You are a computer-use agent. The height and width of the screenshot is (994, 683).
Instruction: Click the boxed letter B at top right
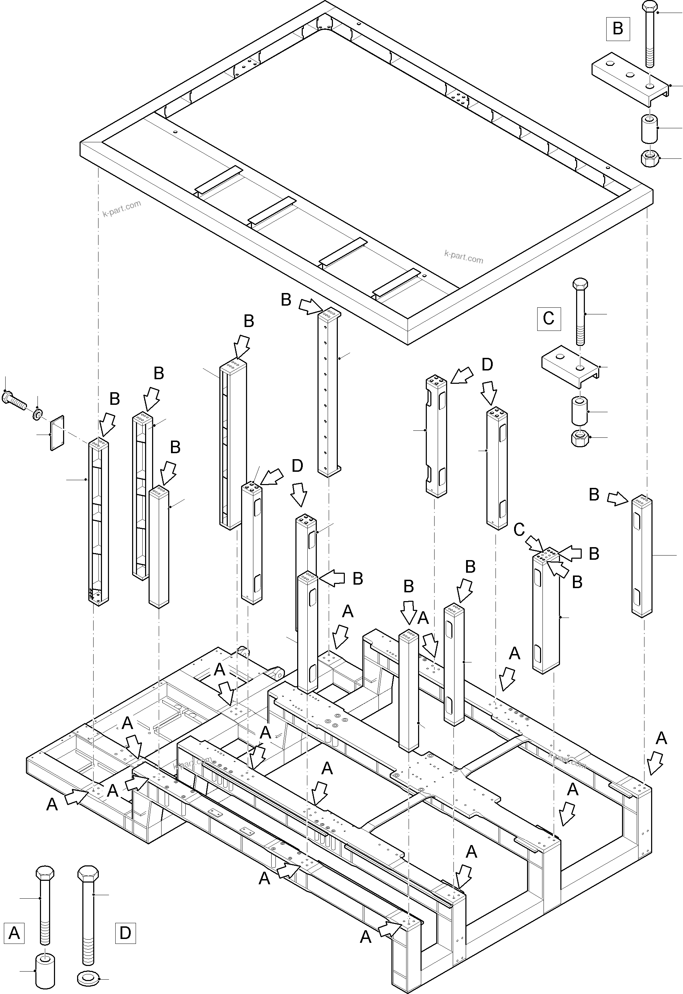pyautogui.click(x=617, y=29)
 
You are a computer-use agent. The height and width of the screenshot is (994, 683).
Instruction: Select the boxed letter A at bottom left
pyautogui.click(x=14, y=932)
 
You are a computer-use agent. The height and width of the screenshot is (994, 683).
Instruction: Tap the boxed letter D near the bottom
pyautogui.click(x=125, y=932)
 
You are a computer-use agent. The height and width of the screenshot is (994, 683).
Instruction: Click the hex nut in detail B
pyautogui.click(x=650, y=158)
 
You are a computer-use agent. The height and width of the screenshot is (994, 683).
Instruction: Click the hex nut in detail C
pyautogui.click(x=579, y=438)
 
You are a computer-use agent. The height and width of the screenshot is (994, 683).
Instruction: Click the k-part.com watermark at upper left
pyautogui.click(x=122, y=209)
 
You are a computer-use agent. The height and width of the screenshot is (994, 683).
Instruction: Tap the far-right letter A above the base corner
pyautogui.click(x=661, y=738)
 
